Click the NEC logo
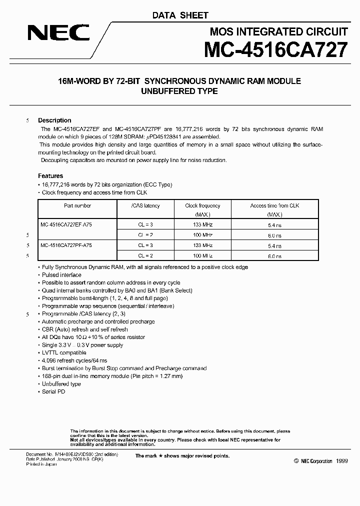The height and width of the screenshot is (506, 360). pos(58,33)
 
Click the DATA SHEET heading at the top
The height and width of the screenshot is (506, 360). pos(180,15)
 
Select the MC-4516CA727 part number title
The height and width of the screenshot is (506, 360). pos(275,51)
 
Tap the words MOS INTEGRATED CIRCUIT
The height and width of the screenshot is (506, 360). pos(278,32)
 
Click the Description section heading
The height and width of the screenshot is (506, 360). pos(54,120)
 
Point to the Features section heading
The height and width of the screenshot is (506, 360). pos(50,176)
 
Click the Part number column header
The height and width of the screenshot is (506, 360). pos(77,205)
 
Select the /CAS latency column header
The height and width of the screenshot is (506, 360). pos(145,205)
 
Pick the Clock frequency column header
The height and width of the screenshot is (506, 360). pos(202,205)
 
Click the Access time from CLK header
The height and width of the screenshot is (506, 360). pos(274,205)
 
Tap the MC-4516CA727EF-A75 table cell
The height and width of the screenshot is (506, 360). pos(66,225)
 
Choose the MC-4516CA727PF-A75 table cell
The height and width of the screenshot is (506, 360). pos(66,245)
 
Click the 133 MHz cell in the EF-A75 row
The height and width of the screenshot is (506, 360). pos(202,225)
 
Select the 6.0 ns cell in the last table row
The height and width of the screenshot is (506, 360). pos(274,256)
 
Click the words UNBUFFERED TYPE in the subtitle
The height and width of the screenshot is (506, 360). pos(180,91)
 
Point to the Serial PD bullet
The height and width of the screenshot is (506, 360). pos(53,391)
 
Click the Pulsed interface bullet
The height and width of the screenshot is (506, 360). pos(61,274)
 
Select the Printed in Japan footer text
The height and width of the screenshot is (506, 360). pos(41,464)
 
